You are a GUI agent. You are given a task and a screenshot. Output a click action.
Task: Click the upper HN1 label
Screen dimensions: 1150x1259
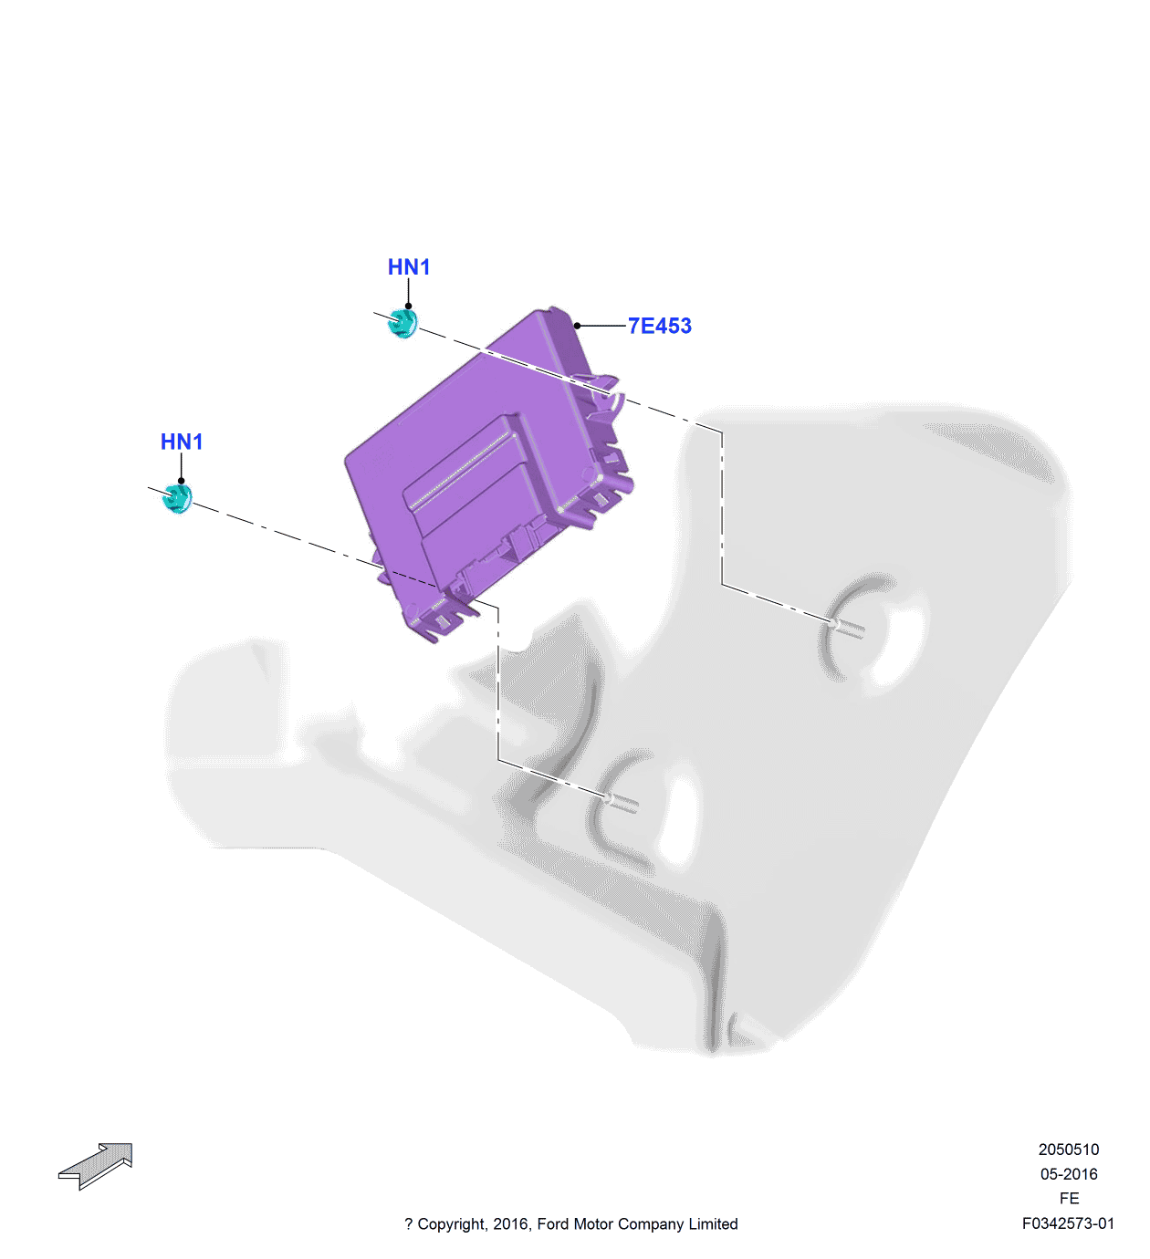pos(408,266)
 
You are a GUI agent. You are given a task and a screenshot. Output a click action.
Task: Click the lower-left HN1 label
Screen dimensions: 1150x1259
pos(182,442)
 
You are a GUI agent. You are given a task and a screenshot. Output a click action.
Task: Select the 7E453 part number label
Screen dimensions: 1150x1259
pos(659,326)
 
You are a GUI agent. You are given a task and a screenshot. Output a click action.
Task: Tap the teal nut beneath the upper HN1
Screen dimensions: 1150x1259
pos(402,323)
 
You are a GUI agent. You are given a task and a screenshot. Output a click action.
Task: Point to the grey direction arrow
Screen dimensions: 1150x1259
pos(96,1165)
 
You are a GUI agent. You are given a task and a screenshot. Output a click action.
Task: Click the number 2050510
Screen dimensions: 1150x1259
pos(1068,1149)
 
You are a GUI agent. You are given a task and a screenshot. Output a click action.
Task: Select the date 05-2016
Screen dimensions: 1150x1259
pos(1068,1173)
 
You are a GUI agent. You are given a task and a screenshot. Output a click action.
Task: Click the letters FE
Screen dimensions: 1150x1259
pos(1069,1198)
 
